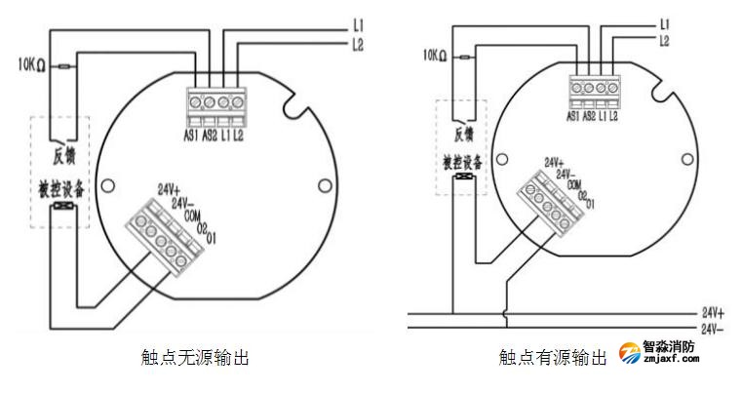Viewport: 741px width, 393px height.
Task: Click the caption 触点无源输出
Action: point(195,358)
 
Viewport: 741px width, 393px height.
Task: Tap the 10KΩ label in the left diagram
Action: point(29,66)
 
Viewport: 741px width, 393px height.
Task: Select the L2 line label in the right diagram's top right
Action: point(664,41)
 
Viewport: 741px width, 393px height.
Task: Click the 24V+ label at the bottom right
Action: point(713,314)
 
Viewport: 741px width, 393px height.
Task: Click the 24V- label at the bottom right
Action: point(713,330)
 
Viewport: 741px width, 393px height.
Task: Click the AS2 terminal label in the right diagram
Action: point(589,116)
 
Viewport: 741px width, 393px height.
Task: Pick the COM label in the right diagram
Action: point(575,183)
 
